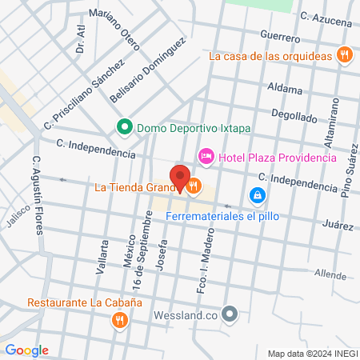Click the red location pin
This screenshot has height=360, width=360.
(179, 178)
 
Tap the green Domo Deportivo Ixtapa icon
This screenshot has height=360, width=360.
(125, 126)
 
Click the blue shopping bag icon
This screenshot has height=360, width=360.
(257, 194)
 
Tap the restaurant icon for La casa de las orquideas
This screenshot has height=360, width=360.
(345, 54)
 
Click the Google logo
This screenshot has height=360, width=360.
(26, 350)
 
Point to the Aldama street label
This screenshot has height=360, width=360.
(285, 88)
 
